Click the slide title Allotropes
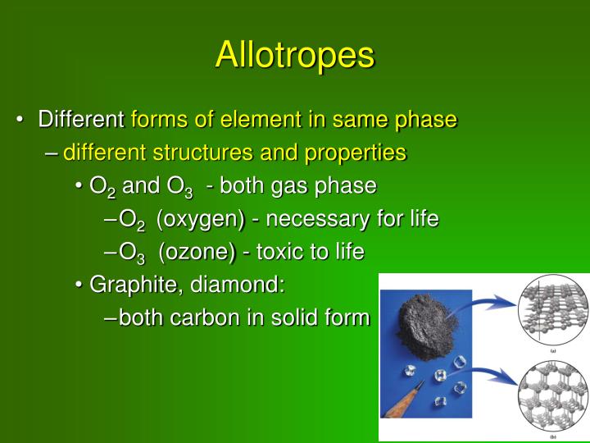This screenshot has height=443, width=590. tap(295, 54)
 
